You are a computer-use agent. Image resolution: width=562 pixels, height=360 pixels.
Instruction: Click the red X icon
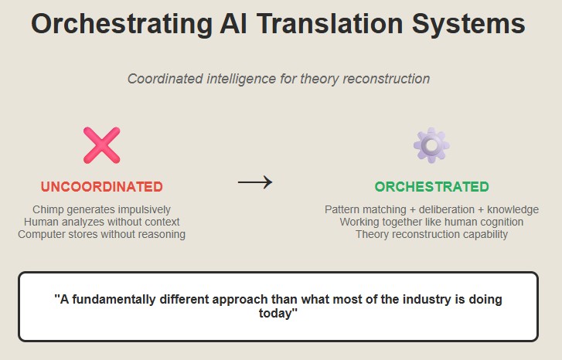102,145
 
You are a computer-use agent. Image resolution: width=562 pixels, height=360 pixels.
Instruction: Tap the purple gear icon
431,145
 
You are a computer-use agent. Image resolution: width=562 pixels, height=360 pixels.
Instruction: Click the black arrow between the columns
255,182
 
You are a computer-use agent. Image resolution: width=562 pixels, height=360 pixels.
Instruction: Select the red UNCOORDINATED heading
102,187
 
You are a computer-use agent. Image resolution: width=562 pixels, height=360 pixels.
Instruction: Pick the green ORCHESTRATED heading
432,187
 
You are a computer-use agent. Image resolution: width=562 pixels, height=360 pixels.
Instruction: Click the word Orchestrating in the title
122,25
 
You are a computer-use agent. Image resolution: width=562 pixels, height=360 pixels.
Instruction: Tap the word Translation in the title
330,24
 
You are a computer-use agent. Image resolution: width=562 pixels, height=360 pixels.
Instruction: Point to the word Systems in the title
468,25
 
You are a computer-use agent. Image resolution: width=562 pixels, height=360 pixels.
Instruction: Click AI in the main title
233,24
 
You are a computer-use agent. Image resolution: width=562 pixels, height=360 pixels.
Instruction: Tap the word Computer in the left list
40,234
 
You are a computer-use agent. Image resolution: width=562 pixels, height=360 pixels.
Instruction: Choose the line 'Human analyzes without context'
102,222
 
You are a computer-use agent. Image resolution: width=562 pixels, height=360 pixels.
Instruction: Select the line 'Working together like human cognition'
431,222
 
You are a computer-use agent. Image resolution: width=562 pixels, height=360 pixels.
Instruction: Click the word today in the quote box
275,313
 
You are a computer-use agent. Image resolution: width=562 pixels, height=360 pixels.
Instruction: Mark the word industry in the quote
427,299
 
